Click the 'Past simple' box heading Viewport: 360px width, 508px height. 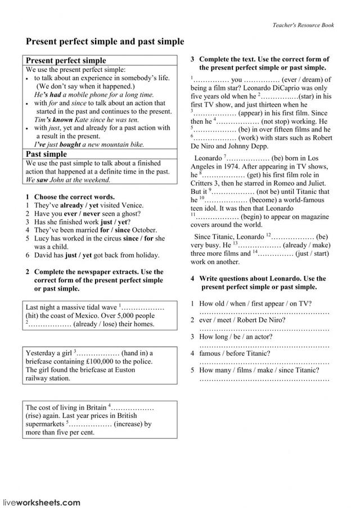click(x=46, y=154)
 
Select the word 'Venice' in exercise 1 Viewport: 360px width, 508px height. click(x=132, y=205)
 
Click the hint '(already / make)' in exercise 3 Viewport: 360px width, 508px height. click(x=307, y=245)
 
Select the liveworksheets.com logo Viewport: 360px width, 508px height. click(x=42, y=502)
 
